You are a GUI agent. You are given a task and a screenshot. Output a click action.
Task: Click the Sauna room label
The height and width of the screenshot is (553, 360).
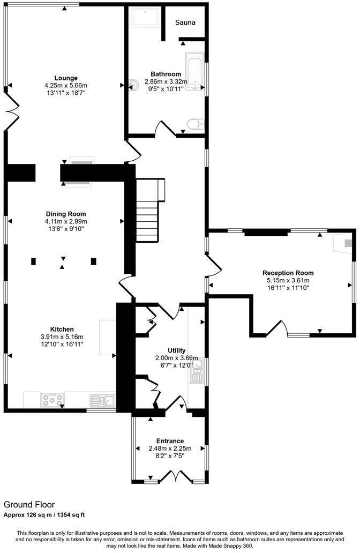click(185, 23)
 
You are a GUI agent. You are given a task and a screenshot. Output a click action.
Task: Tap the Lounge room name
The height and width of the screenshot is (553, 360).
click(65, 78)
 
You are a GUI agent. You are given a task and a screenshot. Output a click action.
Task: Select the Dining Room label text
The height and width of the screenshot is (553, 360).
click(65, 214)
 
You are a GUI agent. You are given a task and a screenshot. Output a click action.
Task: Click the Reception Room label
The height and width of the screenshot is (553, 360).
click(288, 273)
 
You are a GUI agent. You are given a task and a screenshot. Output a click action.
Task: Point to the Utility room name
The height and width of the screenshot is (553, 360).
click(176, 350)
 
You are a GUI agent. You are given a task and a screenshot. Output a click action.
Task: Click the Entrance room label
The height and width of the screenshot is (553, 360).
click(170, 441)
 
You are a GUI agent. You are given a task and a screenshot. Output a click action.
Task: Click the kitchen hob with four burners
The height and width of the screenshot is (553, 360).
click(52, 400)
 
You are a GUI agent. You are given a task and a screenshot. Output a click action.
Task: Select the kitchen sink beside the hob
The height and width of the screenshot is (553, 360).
click(102, 400)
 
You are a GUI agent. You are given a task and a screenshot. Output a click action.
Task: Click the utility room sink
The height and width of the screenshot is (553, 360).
click(197, 372)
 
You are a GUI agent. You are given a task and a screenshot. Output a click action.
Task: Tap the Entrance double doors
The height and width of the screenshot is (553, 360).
click(176, 475)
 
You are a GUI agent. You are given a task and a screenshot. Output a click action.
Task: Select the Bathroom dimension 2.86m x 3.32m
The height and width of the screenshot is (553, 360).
click(166, 81)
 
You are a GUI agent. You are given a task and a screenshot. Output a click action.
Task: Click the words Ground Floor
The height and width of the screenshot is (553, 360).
click(29, 504)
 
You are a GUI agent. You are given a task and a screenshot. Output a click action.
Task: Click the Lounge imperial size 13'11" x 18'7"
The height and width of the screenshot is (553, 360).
click(65, 93)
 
